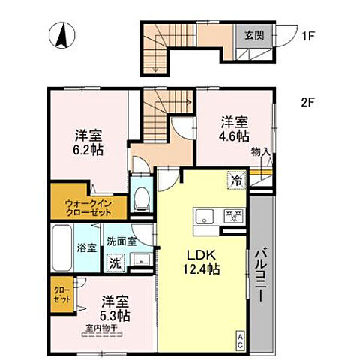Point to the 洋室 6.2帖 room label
(x=88, y=142)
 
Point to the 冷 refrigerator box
(x=235, y=181)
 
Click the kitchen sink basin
(x=203, y=217)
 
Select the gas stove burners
(x=230, y=217)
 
